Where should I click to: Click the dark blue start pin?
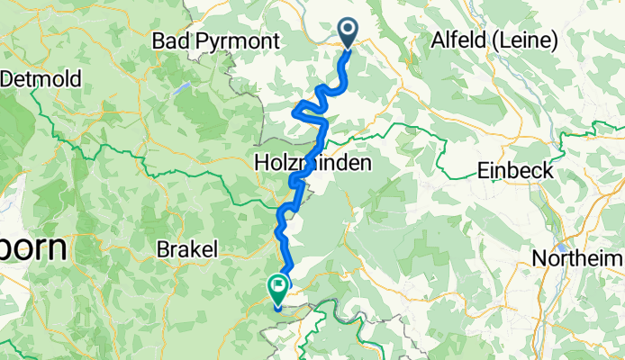(349, 32)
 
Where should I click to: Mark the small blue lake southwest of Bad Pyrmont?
(184, 88)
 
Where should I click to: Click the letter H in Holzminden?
(263, 165)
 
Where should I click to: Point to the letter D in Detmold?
(8, 79)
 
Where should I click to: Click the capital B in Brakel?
(162, 248)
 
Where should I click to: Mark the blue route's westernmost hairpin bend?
(294, 112)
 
